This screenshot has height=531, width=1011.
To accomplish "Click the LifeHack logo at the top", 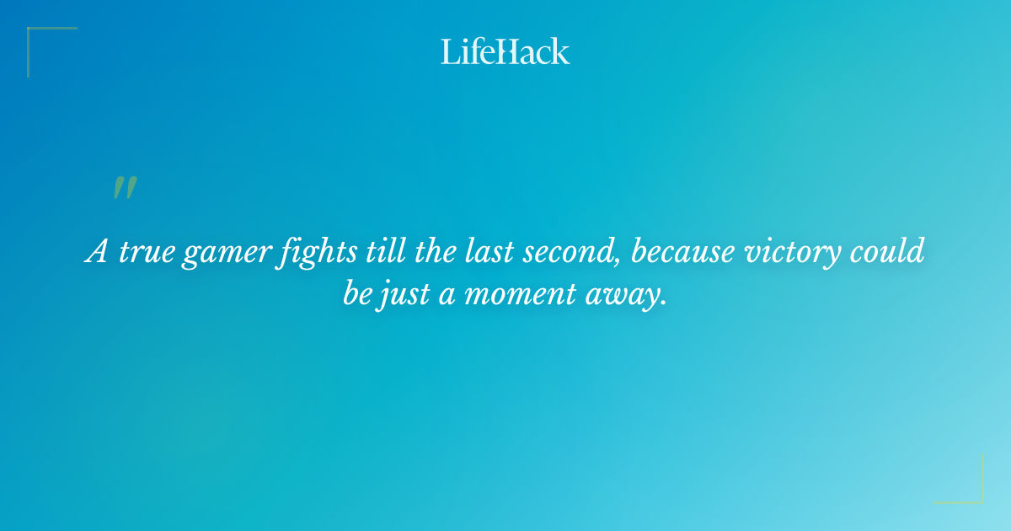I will [x=505, y=51].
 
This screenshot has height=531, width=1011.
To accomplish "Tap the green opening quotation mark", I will [x=125, y=189].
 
